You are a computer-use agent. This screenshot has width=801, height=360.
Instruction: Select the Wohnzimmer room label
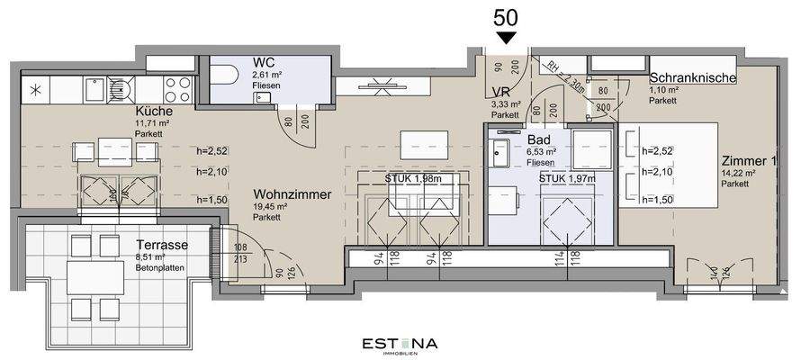(286, 194)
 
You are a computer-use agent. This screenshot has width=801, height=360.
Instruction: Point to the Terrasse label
(162, 245)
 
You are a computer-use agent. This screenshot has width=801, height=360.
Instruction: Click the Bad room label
(538, 141)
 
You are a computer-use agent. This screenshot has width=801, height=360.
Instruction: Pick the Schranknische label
(693, 78)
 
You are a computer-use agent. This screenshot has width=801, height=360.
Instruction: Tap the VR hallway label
(502, 91)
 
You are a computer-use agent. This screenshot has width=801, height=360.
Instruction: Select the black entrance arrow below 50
(507, 37)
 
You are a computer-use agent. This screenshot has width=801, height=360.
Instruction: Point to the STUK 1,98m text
(414, 178)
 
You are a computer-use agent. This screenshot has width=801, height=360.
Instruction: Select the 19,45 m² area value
(269, 208)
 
